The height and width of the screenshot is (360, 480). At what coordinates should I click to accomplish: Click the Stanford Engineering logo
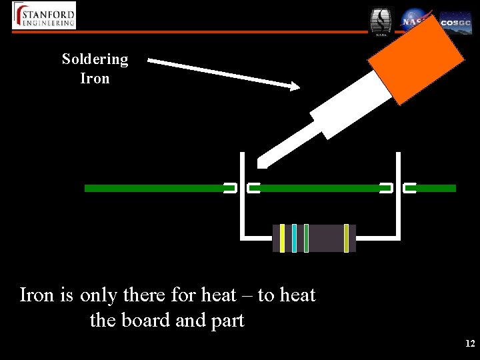click(44, 15)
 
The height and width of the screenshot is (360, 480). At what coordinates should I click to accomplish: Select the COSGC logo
click(456, 23)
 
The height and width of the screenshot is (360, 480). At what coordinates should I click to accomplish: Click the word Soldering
click(95, 59)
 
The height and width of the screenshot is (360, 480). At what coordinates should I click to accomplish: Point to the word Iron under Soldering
click(95, 78)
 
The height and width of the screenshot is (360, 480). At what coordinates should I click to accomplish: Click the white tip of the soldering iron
click(264, 160)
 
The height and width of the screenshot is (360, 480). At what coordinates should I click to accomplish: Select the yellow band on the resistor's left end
click(282, 238)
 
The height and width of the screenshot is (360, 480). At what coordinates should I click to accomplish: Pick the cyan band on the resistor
click(294, 238)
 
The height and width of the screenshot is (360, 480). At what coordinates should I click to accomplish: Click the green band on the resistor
click(306, 238)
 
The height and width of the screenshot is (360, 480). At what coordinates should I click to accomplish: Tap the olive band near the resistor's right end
click(346, 238)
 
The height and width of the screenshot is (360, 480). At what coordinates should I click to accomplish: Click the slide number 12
click(469, 343)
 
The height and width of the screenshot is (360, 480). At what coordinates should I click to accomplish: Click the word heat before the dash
click(217, 295)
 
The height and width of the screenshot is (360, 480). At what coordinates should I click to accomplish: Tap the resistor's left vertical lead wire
click(242, 200)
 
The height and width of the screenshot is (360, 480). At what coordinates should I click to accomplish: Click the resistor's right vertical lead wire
click(398, 200)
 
